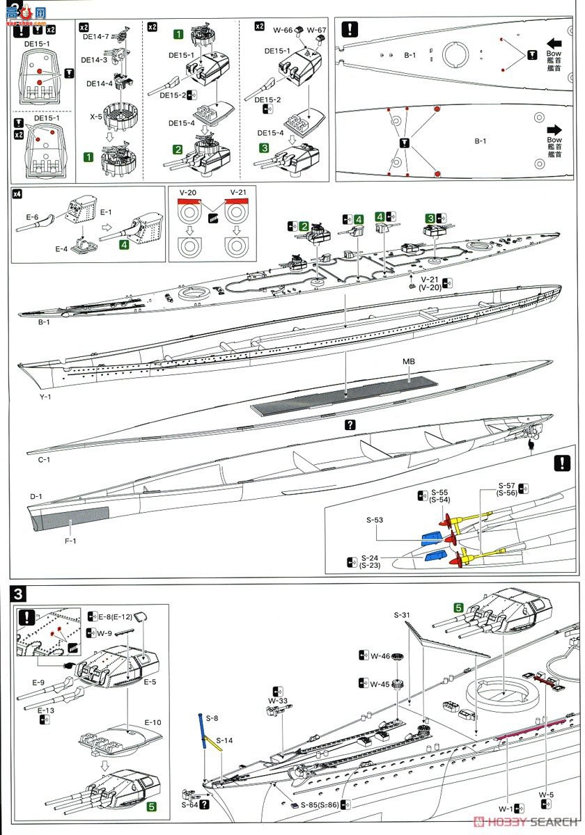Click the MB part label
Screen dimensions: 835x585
408,363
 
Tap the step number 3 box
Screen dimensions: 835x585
19,594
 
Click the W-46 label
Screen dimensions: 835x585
380,655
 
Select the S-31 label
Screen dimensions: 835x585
403,615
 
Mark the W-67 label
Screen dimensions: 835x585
317,29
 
